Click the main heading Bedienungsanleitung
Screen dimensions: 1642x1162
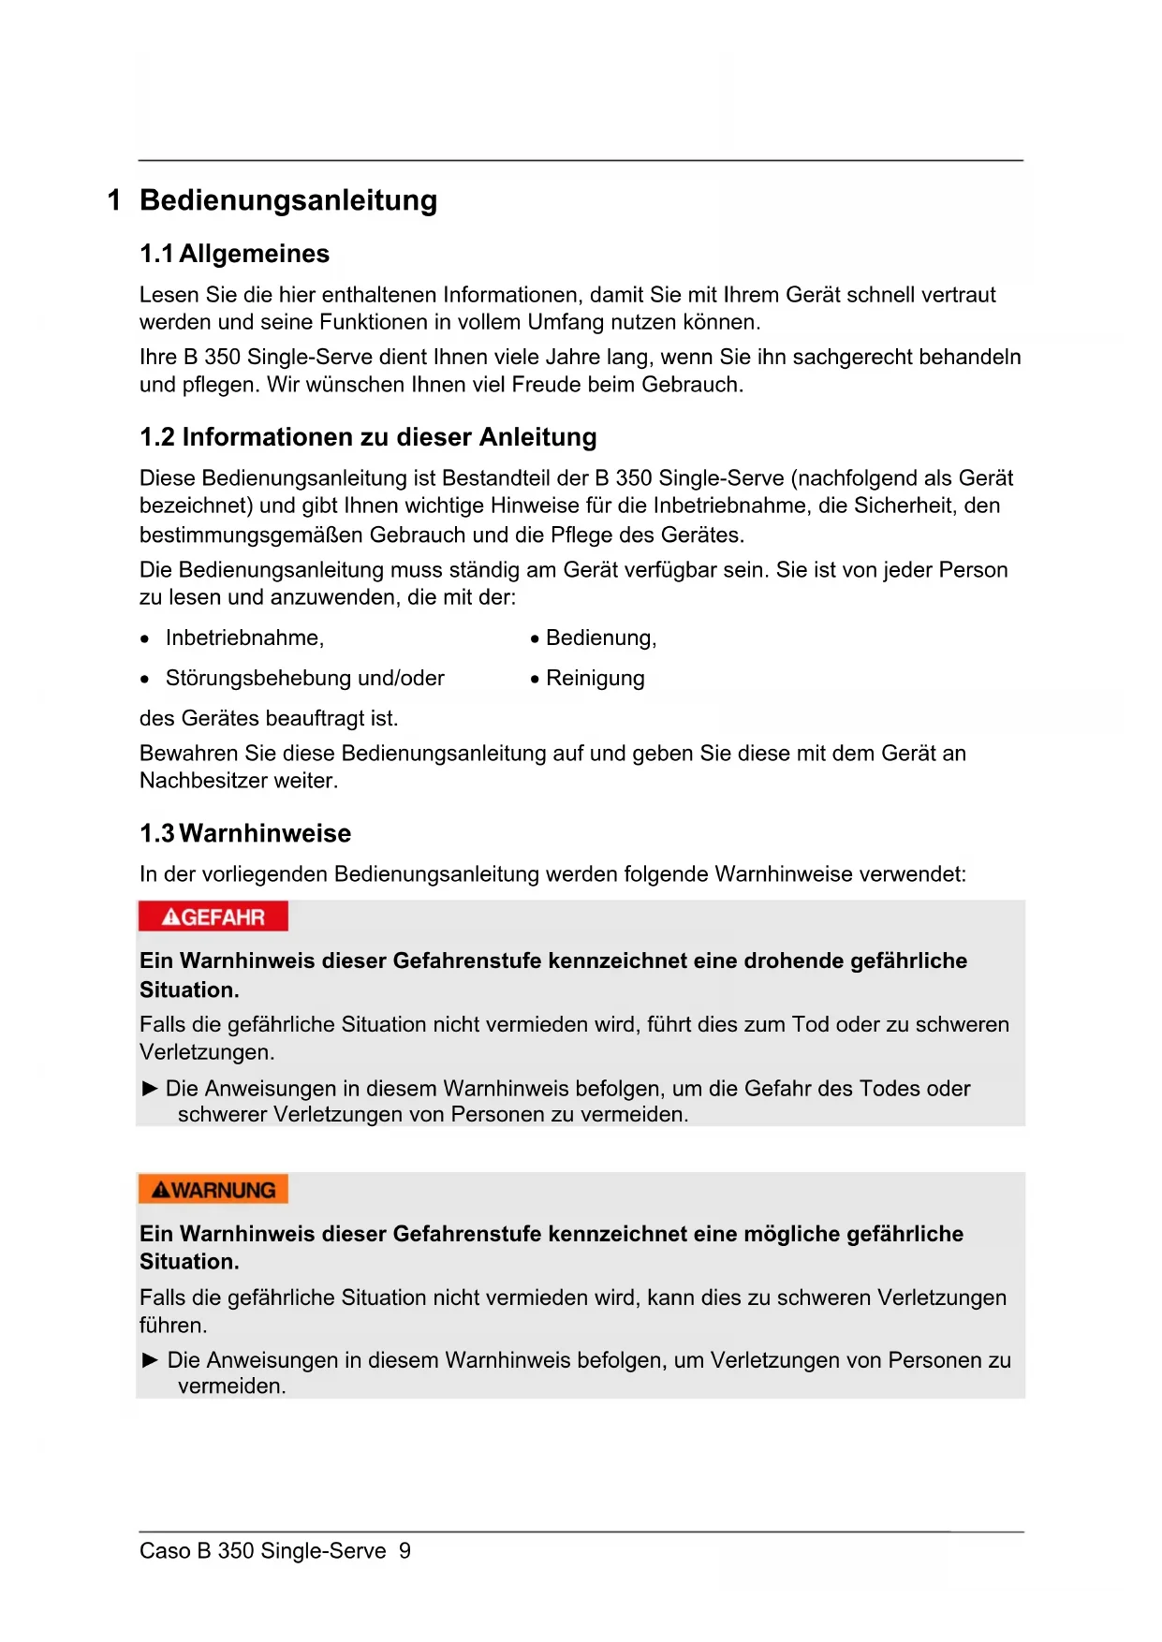tap(288, 200)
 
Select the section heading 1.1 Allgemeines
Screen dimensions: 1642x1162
tap(234, 254)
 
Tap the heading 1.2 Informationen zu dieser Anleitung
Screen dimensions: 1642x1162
tap(368, 437)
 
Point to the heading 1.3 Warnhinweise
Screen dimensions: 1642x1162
tap(245, 833)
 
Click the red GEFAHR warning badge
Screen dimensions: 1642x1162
tap(213, 916)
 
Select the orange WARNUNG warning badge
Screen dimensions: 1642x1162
tap(213, 1190)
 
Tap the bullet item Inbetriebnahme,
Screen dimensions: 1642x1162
tap(244, 638)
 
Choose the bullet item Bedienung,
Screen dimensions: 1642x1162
tap(601, 638)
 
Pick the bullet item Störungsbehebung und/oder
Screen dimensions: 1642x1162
tap(304, 679)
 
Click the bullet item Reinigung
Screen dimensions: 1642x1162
tap(596, 679)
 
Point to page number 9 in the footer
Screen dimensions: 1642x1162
tap(404, 1551)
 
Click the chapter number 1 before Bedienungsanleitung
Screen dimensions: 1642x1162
tap(114, 200)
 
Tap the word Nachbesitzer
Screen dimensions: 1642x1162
tap(198, 781)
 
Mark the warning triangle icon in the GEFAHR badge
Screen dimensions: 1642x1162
tap(170, 917)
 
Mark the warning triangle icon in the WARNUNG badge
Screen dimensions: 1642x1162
tap(161, 1191)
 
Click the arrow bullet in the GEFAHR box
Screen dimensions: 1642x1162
tap(150, 1088)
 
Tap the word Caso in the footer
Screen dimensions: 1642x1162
tap(164, 1551)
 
